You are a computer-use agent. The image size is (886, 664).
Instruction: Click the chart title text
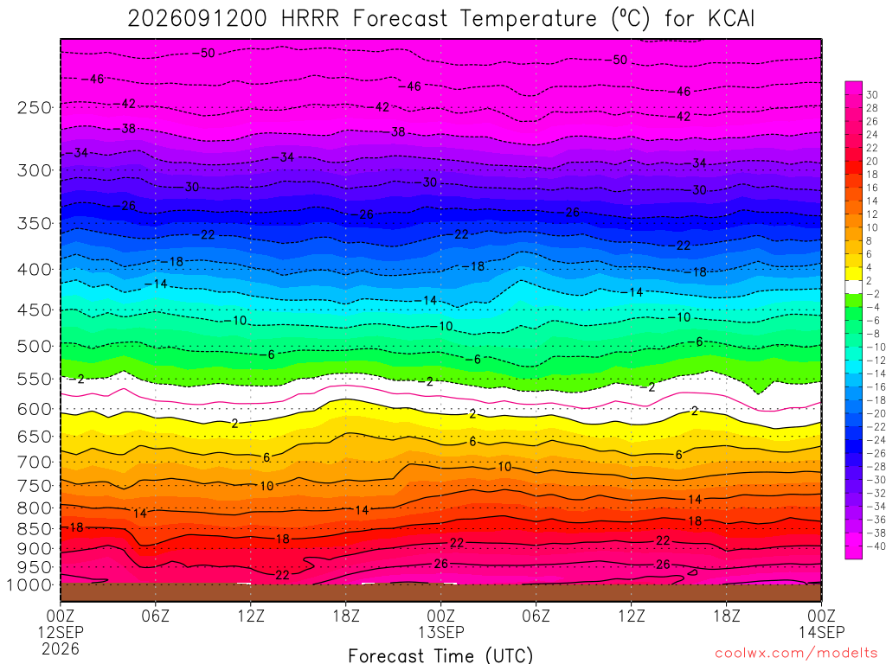click(x=440, y=19)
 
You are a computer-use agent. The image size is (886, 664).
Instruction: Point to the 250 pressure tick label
click(x=34, y=107)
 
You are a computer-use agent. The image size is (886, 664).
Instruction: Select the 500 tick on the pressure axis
click(x=34, y=346)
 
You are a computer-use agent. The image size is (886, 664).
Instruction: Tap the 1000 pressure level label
click(x=29, y=585)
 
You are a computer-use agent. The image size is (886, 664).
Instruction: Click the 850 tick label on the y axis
click(x=34, y=529)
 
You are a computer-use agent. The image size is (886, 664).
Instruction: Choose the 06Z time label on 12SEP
click(x=156, y=616)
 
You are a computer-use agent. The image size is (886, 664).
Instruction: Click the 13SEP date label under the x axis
click(x=440, y=632)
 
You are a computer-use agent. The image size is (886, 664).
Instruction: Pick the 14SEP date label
click(x=822, y=632)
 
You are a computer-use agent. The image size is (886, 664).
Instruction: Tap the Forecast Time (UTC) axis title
click(x=440, y=655)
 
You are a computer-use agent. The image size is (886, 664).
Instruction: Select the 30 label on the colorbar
click(x=872, y=95)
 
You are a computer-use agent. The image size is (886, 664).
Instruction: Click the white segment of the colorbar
click(x=853, y=287)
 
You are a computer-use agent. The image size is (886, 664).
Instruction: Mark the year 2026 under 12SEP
click(x=61, y=648)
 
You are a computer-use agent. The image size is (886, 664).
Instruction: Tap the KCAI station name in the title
click(x=730, y=19)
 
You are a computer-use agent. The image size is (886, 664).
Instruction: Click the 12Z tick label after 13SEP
click(x=631, y=616)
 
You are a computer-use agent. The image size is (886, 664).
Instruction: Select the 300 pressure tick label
click(x=34, y=170)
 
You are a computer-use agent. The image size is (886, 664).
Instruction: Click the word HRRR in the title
click(x=311, y=19)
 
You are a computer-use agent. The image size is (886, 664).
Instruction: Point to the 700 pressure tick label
click(x=34, y=462)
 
